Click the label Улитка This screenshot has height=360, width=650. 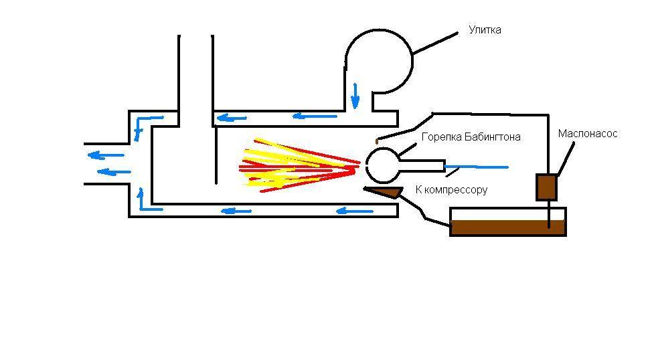(485, 30)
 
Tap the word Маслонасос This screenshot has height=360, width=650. (587, 134)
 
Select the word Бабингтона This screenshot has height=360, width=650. (492, 137)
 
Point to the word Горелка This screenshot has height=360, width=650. (441, 137)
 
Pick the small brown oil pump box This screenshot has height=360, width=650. (546, 187)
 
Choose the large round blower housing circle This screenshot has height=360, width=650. (378, 60)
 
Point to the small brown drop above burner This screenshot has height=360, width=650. (378, 141)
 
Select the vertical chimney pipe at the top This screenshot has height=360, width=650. (196, 74)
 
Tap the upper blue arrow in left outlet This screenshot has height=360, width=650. (102, 156)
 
